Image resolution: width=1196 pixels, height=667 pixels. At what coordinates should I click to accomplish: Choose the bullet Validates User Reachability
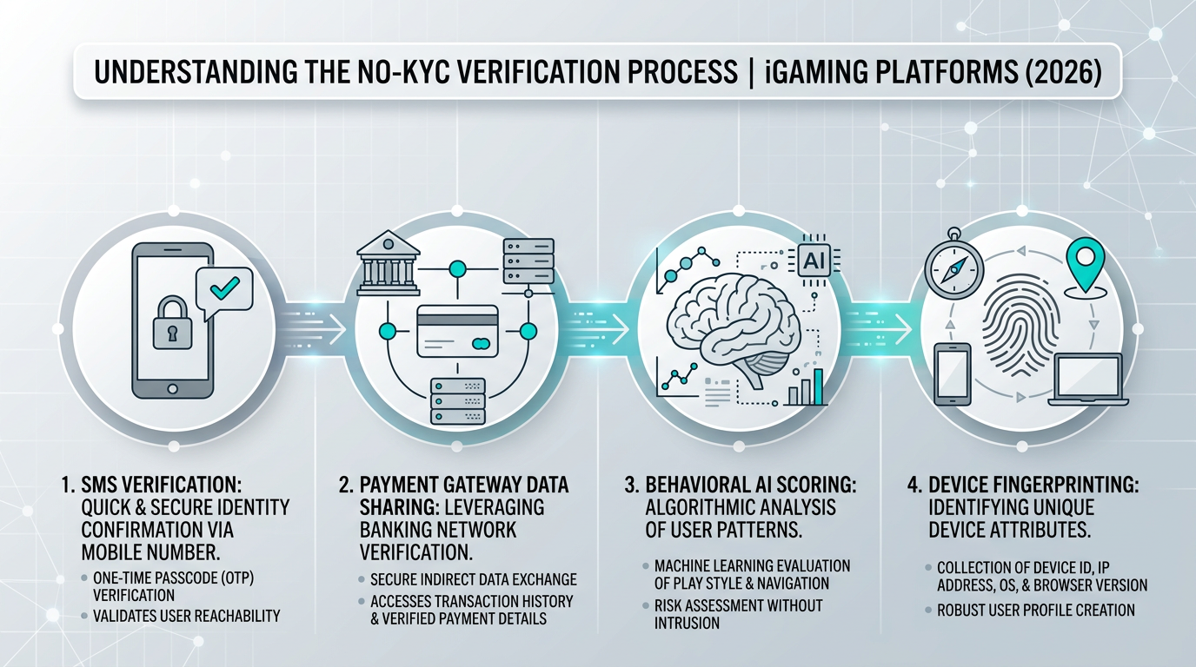186,616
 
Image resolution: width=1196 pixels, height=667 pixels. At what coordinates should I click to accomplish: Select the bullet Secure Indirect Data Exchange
473,579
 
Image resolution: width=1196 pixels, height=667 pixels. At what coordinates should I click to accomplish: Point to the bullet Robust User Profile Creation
1035,610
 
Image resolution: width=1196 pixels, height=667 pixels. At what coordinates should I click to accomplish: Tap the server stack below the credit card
457,400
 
